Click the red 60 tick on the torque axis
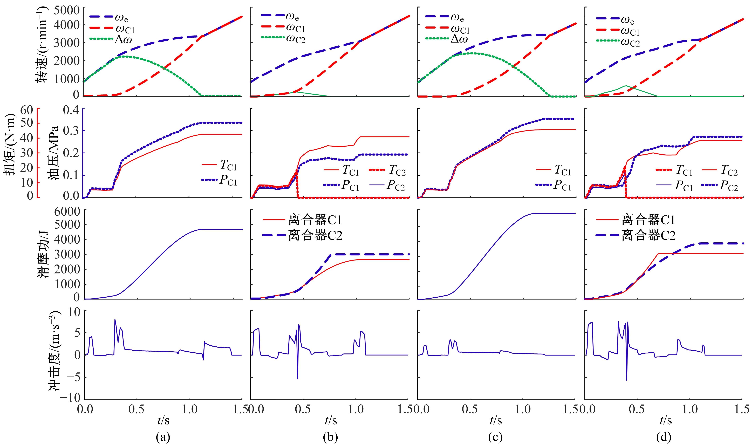pos(27,110)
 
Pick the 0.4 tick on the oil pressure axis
pos(71,110)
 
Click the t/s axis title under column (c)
pos(495,421)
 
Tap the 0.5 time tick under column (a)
pos(137,409)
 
